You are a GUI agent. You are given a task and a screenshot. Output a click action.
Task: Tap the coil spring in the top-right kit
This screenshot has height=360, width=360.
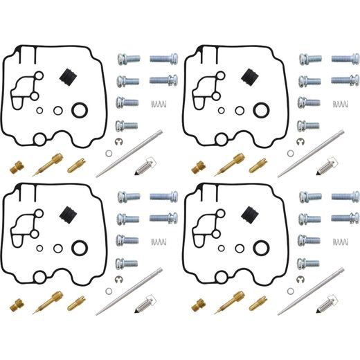pyautogui.click(x=339, y=104)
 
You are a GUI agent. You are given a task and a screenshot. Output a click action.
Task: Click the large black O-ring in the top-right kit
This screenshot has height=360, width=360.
pyautogui.click(x=261, y=109)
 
